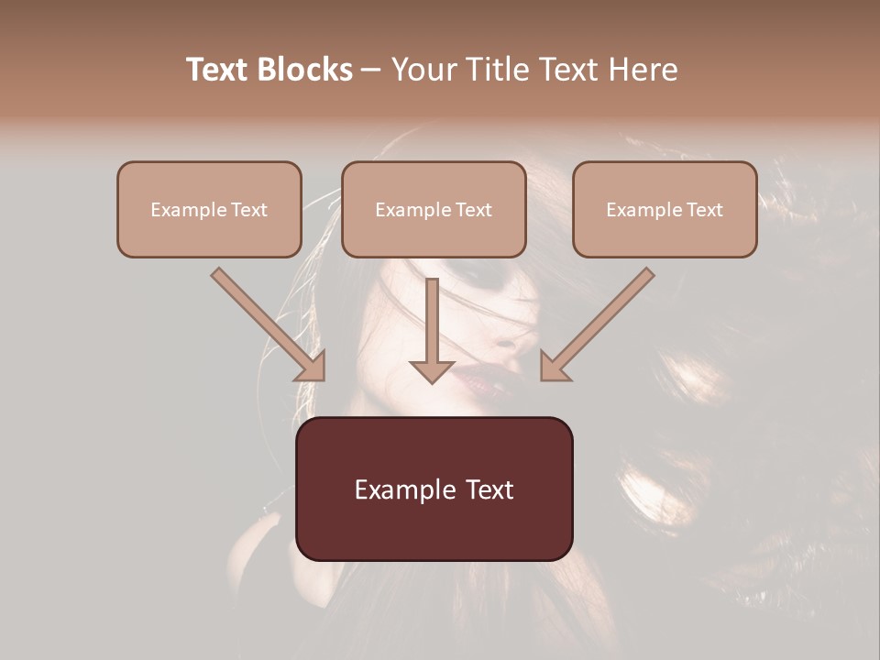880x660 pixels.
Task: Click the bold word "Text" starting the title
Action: [218, 70]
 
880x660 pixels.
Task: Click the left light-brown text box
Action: [209, 210]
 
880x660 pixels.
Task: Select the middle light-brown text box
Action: [434, 210]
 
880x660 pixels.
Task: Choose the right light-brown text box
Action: [665, 210]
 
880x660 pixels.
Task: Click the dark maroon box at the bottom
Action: [434, 489]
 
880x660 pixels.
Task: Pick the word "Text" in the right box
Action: [705, 210]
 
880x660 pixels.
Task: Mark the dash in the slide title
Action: [372, 71]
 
